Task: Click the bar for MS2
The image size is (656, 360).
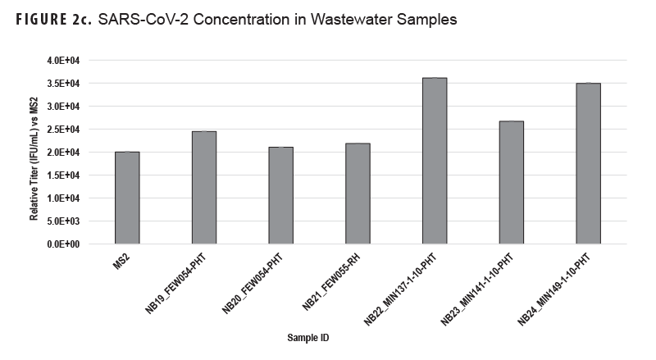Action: click(127, 198)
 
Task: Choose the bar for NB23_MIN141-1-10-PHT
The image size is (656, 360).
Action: click(511, 182)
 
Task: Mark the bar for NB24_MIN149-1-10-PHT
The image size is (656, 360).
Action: click(588, 163)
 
